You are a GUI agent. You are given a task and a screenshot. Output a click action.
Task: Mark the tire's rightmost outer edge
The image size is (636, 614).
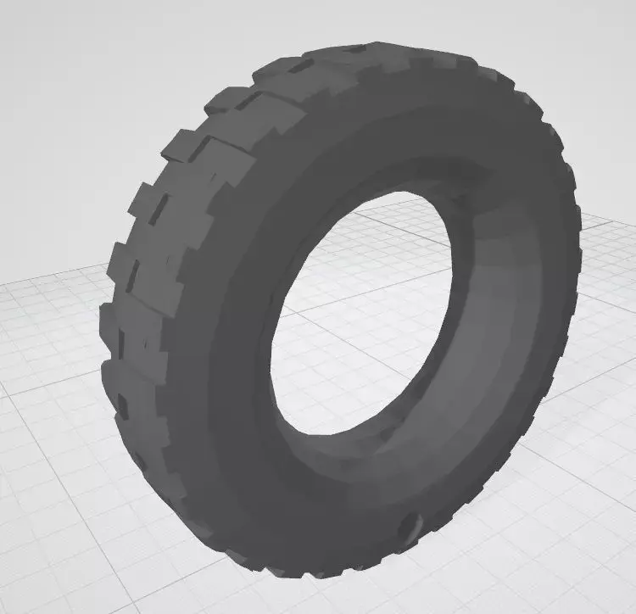click(x=580, y=254)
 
